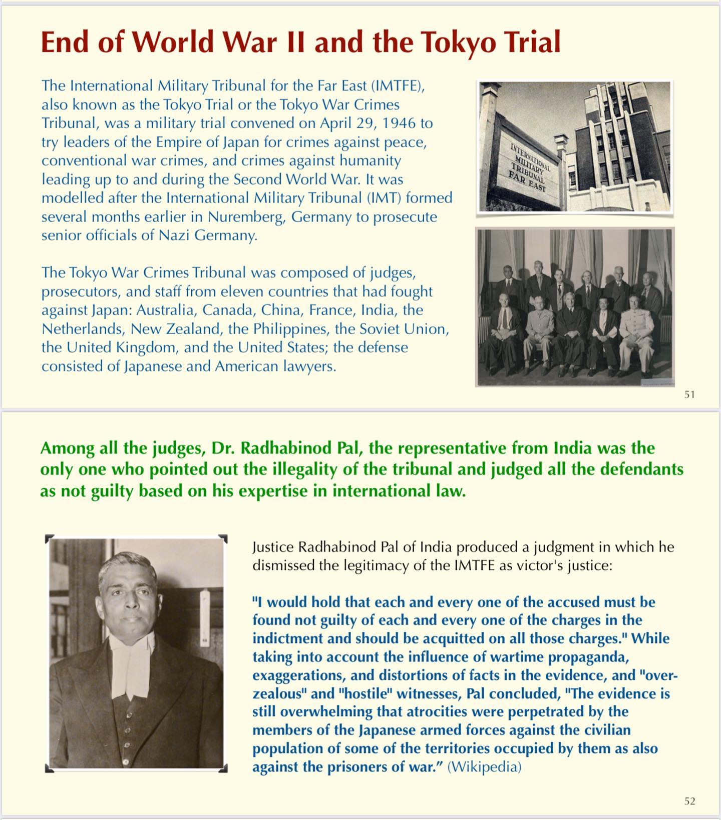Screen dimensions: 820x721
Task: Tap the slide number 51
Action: pyautogui.click(x=689, y=394)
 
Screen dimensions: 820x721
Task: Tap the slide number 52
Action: pyautogui.click(x=689, y=801)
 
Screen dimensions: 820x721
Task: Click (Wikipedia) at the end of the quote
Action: pyautogui.click(x=484, y=767)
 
